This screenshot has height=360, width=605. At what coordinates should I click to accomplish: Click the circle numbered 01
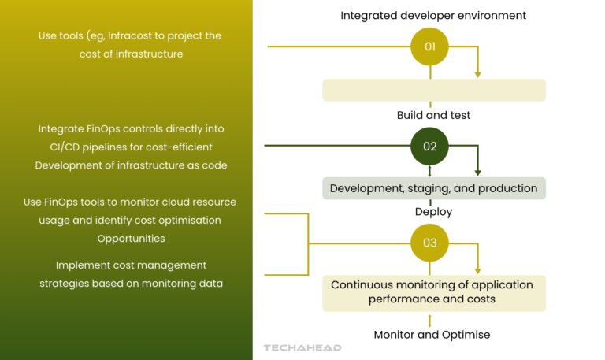pyautogui.click(x=430, y=46)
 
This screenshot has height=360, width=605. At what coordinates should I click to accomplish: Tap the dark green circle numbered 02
pyautogui.click(x=430, y=146)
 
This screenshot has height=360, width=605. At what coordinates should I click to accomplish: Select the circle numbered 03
pyautogui.click(x=430, y=243)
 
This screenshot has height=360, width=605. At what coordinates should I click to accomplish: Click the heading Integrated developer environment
pyautogui.click(x=433, y=15)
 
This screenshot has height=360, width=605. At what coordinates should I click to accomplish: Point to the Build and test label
pyautogui.click(x=433, y=115)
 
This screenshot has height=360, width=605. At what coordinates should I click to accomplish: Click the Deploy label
pyautogui.click(x=433, y=212)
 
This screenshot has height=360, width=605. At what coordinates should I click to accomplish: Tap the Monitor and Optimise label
pyautogui.click(x=432, y=335)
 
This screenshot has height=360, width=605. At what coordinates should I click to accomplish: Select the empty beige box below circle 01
pyautogui.click(x=434, y=90)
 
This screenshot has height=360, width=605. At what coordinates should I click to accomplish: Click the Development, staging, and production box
pyautogui.click(x=434, y=188)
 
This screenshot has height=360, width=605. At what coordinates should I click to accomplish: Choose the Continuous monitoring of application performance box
pyautogui.click(x=434, y=292)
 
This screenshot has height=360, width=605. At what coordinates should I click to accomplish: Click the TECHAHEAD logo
pyautogui.click(x=302, y=347)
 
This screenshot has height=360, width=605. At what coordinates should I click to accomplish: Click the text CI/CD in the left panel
pyautogui.click(x=56, y=147)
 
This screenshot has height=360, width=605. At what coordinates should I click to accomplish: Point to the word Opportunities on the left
pyautogui.click(x=131, y=238)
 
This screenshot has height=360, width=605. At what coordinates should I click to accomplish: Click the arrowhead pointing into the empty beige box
pyautogui.click(x=477, y=74)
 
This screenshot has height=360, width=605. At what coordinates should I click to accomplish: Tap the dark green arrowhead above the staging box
pyautogui.click(x=477, y=172)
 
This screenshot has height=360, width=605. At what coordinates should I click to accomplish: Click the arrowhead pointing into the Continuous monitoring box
pyautogui.click(x=477, y=270)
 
